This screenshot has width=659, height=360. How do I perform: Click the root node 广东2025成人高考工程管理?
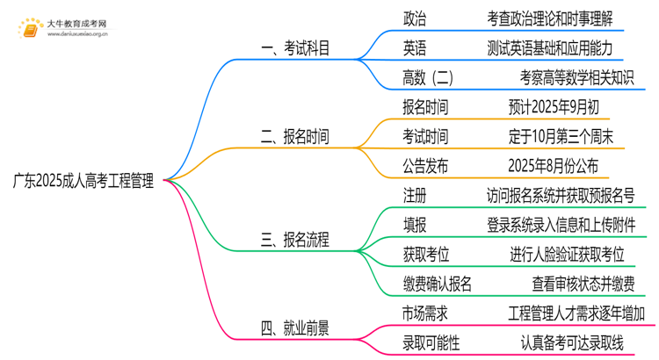click(83, 182)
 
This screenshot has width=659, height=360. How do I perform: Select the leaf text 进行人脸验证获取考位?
click(568, 254)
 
